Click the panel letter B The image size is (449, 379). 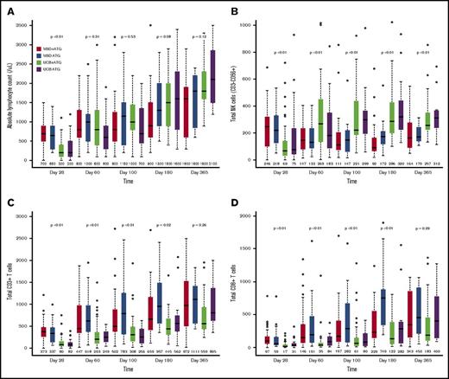click(237, 10)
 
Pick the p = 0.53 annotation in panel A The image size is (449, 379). click(125, 36)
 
